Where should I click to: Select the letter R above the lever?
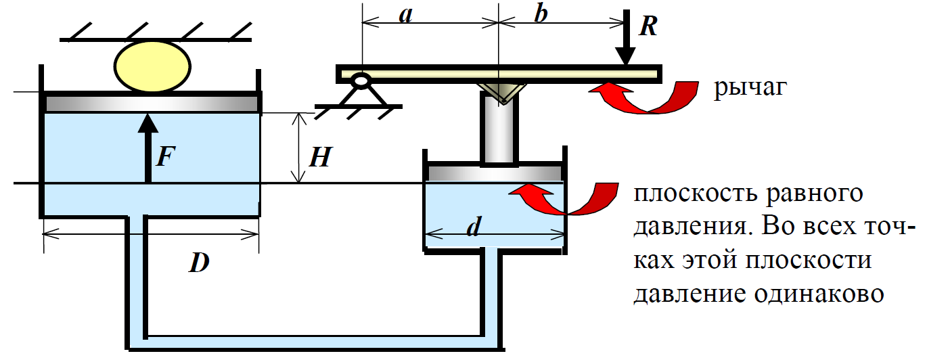point(648,25)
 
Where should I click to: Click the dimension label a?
point(405,15)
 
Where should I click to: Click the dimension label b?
point(540,15)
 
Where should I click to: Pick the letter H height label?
point(319,158)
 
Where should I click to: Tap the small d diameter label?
point(474,229)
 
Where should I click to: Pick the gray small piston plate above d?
point(494,172)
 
